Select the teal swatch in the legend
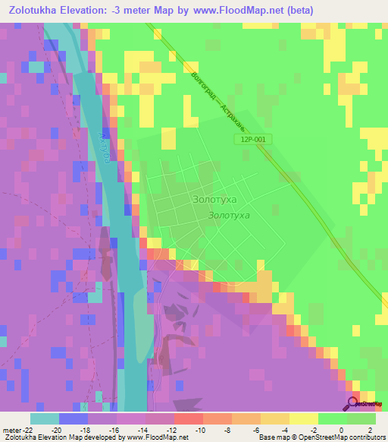pos(45,418)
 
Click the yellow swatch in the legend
pos(303,418)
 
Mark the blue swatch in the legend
pos(74,418)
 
